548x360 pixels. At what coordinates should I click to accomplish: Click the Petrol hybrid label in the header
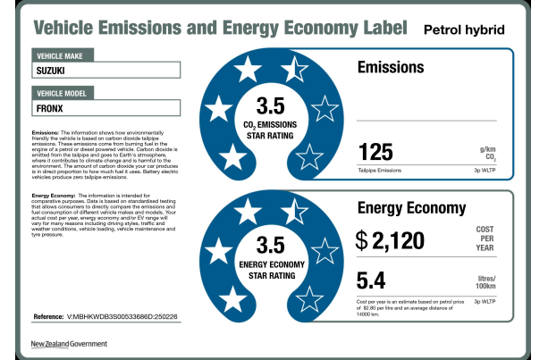click(x=463, y=29)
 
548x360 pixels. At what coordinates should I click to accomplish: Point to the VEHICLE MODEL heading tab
click(x=67, y=93)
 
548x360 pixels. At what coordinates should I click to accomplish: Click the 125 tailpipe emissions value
click(x=375, y=151)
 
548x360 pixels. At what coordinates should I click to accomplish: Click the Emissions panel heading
click(x=391, y=67)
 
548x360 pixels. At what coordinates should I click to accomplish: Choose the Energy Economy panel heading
click(x=411, y=209)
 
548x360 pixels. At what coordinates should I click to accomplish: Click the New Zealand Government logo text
click(x=69, y=344)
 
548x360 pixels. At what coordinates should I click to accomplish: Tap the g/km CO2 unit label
click(x=487, y=154)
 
